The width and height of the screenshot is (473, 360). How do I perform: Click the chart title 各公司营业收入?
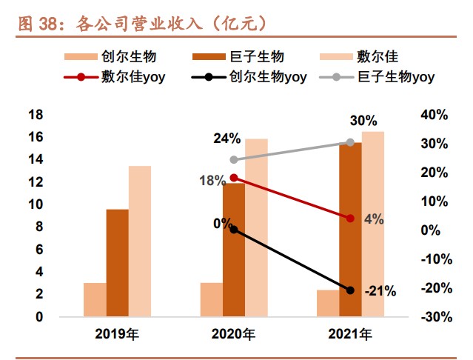138,24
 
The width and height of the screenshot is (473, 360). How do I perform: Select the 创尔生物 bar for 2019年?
95,300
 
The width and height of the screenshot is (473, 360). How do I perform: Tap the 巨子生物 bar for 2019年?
118,263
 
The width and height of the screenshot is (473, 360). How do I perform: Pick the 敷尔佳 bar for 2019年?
140,241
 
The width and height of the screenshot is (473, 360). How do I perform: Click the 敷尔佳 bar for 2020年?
256,227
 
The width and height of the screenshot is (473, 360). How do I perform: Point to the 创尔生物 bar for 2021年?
328,303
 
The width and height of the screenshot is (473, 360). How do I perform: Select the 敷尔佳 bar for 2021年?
373,224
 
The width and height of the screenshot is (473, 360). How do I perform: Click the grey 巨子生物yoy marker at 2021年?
350,142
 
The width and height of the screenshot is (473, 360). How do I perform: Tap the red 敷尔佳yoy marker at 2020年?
234,178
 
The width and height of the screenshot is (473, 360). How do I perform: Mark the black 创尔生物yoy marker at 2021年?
350,290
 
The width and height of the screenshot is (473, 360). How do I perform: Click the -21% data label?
380,292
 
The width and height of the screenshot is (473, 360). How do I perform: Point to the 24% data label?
227,139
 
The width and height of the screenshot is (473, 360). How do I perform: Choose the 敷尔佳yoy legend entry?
115,77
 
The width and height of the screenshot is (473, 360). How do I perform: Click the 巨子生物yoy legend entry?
377,77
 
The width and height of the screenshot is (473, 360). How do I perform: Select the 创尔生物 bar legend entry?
110,56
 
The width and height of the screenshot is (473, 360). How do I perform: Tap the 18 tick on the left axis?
36,115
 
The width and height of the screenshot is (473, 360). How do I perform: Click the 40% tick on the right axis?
435,115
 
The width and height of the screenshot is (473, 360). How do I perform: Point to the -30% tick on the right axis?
437,317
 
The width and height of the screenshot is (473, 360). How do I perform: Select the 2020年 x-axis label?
233,334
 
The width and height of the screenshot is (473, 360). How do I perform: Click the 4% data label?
374,219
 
